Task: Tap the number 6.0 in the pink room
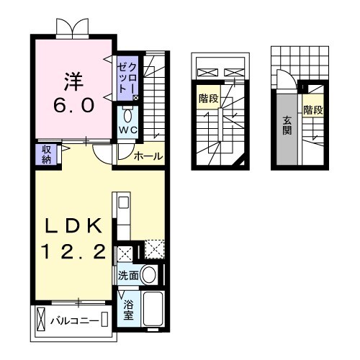pos(72,105)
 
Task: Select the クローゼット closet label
pos(127,77)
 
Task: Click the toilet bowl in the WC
pos(127,114)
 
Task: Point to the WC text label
pos(128,130)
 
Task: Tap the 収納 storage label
pos(45,153)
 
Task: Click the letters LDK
pos(72,225)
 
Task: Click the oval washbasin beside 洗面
pos(150,274)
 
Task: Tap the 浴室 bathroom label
pos(128,310)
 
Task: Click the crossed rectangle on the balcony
pos(41,319)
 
